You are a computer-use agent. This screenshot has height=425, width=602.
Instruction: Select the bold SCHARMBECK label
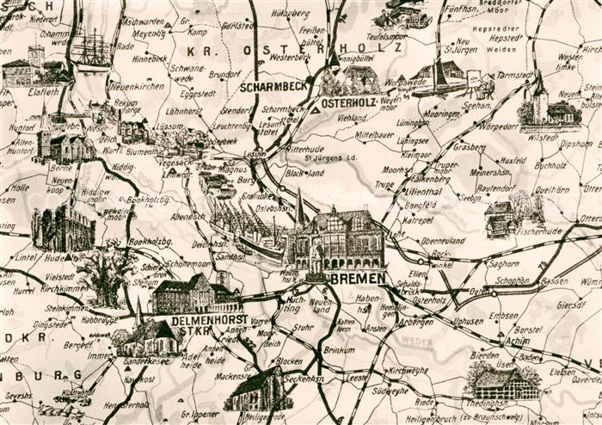click(x=269, y=87)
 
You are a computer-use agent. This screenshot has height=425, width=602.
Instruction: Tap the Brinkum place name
click(x=339, y=350)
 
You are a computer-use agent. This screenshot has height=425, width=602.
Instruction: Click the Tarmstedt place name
click(x=514, y=76)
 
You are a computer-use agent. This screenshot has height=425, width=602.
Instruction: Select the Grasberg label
click(x=470, y=147)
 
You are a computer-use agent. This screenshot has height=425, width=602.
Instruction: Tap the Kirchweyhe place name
click(x=408, y=370)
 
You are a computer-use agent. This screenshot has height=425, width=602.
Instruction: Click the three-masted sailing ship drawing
click(x=90, y=50)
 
